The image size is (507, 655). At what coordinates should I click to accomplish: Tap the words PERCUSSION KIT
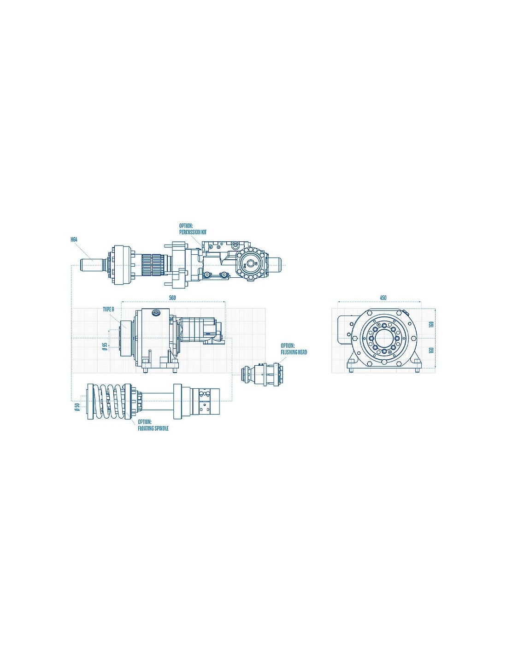click(193, 233)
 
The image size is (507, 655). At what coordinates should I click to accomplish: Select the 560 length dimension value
click(172, 298)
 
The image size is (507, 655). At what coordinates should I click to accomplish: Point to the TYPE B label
click(109, 310)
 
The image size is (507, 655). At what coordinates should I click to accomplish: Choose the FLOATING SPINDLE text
click(153, 428)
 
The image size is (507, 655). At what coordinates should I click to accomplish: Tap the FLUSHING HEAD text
click(294, 352)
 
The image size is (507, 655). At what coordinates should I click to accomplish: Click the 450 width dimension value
click(383, 298)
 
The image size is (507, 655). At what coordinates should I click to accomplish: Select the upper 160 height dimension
click(431, 325)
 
